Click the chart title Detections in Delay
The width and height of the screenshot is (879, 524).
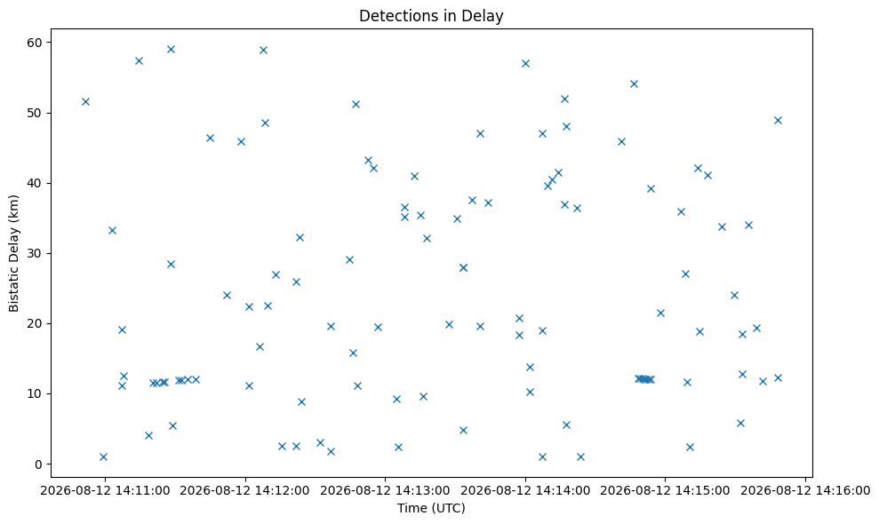431,16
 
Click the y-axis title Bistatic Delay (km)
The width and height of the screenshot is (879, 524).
14,253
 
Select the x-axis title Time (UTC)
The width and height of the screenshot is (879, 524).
431,508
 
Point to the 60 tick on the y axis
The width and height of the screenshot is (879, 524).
36,43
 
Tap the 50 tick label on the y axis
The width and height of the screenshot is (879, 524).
36,113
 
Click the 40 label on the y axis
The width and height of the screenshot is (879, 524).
36,183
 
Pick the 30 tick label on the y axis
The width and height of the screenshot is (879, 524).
36,253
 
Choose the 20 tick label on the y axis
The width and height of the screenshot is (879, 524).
36,323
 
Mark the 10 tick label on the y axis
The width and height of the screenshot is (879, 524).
36,393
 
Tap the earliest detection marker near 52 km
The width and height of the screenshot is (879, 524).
86,101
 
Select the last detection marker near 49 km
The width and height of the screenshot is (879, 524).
778,121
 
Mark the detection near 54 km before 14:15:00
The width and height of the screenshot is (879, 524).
634,84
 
